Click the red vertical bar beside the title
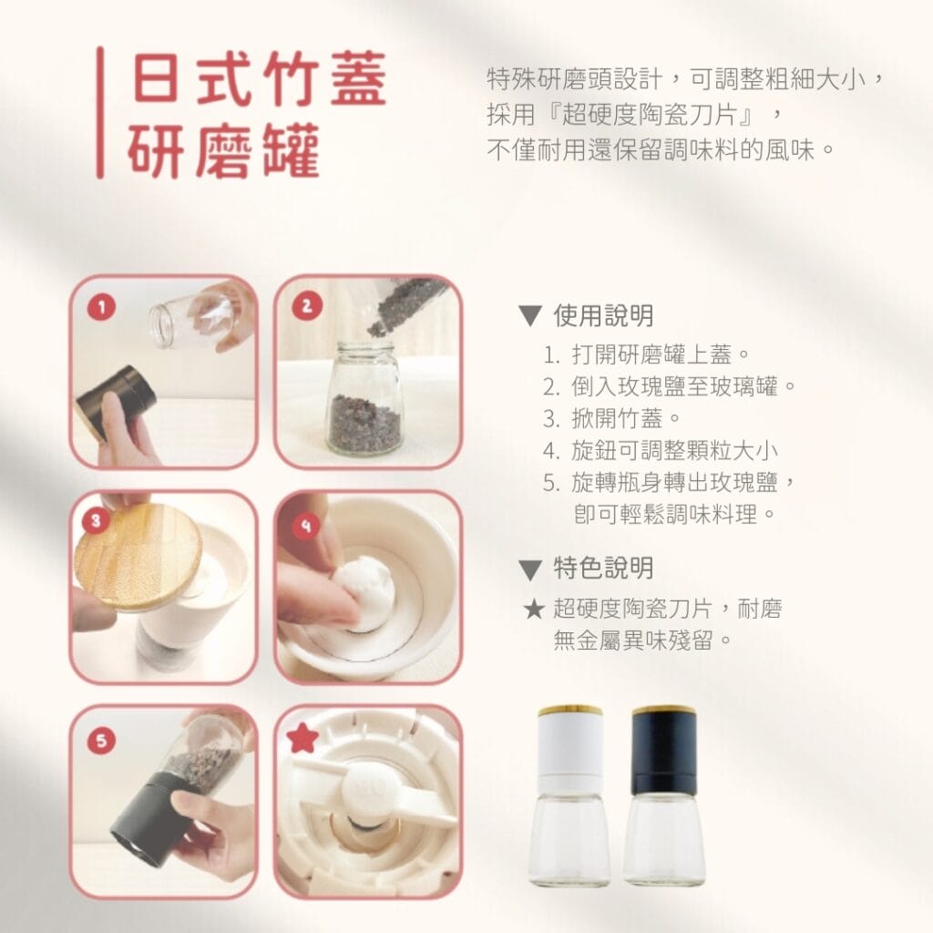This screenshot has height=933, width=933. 100,112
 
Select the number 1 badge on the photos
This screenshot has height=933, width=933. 101,307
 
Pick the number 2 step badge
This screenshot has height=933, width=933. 307,306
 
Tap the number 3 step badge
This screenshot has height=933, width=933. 96,520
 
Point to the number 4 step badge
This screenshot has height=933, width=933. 306,526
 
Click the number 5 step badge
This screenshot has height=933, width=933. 101,741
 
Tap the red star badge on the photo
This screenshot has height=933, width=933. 302,738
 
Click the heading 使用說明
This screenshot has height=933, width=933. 603,316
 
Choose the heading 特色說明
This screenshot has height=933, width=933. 603,569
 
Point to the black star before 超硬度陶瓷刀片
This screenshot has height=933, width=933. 534,610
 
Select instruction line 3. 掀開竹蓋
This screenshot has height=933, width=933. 611,419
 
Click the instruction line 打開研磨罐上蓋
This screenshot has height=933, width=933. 646,355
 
